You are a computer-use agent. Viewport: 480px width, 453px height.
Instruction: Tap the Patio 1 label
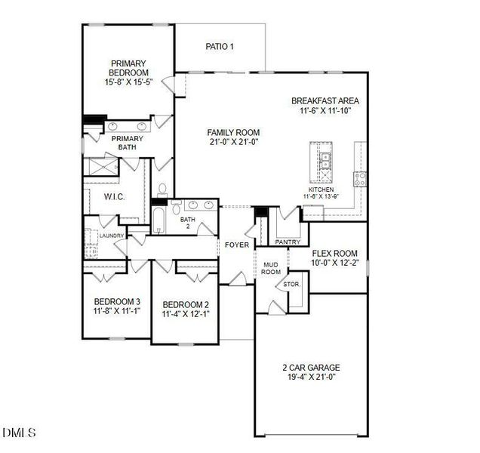tap(220, 47)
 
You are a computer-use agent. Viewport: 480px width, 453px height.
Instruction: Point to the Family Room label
tap(234, 133)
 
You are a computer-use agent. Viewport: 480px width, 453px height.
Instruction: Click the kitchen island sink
tap(324, 159)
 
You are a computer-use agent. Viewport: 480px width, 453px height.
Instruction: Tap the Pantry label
tap(288, 242)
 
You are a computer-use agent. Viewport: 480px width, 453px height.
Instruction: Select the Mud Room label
tap(271, 268)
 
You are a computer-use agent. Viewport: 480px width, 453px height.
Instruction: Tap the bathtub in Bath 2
tap(160, 221)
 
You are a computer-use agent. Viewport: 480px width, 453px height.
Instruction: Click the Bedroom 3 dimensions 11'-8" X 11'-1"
tap(117, 310)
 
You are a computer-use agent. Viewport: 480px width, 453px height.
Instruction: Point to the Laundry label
tap(111, 236)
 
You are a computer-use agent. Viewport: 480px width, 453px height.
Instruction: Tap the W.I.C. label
tap(114, 197)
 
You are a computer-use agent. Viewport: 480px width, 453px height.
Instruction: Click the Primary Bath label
tap(128, 143)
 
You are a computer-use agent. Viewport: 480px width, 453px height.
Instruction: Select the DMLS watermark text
tap(19, 433)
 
